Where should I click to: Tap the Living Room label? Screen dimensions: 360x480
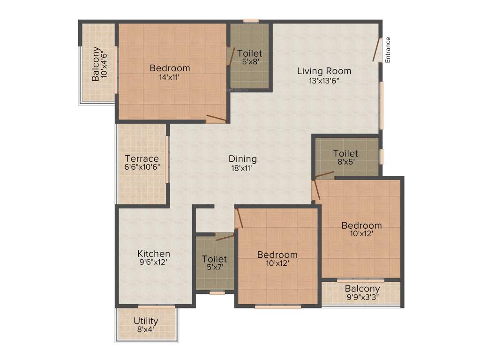coord(324,71)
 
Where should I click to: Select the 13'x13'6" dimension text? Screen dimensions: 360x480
coord(324,80)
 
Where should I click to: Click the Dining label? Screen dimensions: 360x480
coord(242,159)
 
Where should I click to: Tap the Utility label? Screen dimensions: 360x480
coord(146,321)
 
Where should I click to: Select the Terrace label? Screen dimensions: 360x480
coord(142,158)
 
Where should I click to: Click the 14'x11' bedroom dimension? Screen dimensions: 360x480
coord(170,77)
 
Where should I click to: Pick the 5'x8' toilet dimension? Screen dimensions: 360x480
coord(249,62)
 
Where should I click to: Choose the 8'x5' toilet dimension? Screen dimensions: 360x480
coord(345,162)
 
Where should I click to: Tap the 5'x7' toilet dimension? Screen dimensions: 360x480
coord(214,268)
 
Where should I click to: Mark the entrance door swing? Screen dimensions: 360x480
coord(377,49)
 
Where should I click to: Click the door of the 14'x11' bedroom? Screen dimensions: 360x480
coord(216,118)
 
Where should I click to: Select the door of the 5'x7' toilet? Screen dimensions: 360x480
coord(225,237)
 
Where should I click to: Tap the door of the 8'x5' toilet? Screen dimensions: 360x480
coord(324,175)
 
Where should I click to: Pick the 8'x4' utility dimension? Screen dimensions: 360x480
coord(146,330)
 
